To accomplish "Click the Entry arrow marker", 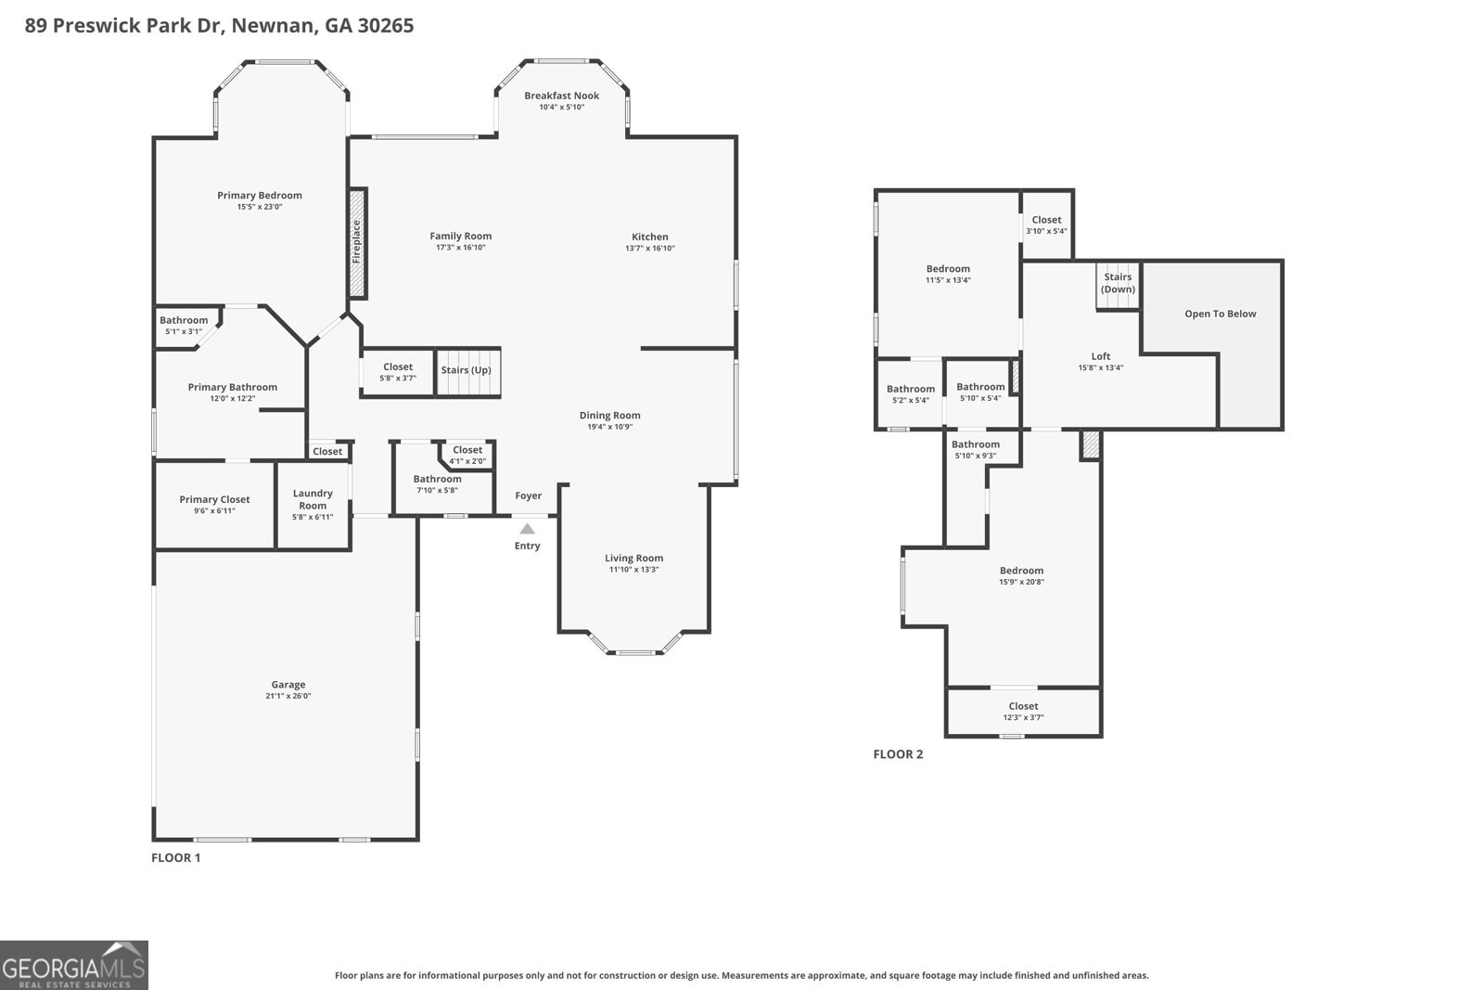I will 527,528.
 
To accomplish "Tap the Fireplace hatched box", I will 357,243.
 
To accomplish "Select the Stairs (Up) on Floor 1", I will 467,371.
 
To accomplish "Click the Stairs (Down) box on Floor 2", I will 1118,284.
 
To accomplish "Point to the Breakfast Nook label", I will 561,96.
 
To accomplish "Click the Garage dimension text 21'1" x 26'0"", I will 288,696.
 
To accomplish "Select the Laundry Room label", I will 313,499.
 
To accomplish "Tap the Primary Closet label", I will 214,499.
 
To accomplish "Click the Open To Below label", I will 1220,314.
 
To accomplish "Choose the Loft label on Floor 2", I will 1100,356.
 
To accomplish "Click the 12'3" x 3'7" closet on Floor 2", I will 1023,712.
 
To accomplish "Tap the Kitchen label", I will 649,237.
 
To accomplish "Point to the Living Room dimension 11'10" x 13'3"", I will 633,570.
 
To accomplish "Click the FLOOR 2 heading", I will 898,754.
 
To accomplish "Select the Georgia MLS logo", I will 74,965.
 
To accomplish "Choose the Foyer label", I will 528,495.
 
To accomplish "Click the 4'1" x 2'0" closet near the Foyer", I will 467,455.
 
